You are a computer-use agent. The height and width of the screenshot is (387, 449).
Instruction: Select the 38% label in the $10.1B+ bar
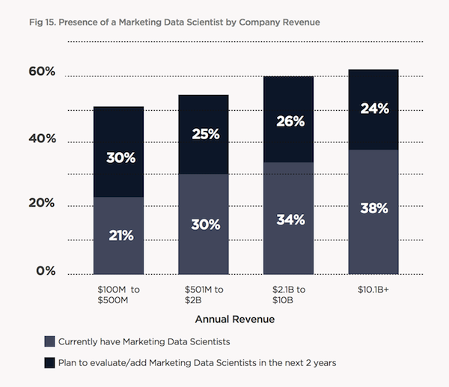click(x=374, y=208)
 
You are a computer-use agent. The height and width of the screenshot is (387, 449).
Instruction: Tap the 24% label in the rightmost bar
click(x=374, y=108)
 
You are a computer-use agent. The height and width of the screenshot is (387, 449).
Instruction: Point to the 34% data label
click(x=289, y=219)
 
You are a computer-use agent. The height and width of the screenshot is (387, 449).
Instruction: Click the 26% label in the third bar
click(x=289, y=120)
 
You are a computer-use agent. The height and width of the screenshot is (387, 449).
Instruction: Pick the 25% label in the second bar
click(x=204, y=134)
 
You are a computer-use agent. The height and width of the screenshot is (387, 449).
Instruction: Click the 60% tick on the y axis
click(x=42, y=72)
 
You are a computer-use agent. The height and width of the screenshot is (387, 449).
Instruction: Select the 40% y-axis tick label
click(x=42, y=138)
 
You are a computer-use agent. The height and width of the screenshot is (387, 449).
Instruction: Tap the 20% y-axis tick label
click(x=42, y=203)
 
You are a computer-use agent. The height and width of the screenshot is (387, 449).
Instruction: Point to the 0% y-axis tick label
click(x=46, y=270)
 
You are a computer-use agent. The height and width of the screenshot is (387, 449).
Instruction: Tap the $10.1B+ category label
click(x=373, y=287)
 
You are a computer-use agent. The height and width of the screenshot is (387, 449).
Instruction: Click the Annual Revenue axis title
click(x=234, y=320)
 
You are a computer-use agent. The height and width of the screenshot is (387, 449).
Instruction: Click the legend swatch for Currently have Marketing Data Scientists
click(x=50, y=341)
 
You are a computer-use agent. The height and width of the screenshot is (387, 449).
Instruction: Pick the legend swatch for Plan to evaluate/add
click(x=50, y=363)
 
